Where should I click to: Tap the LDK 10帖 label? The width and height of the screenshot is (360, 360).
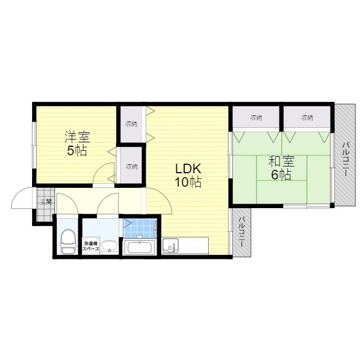point(187,175)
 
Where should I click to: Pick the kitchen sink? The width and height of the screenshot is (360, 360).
point(170,245)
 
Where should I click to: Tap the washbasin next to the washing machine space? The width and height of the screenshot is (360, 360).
point(110,246)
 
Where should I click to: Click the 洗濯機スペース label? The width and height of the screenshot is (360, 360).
point(91,245)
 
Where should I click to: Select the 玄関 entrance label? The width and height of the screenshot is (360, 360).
point(45,201)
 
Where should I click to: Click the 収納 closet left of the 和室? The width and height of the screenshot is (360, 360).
point(256,118)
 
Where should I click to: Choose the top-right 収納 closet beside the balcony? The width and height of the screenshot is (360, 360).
point(307,118)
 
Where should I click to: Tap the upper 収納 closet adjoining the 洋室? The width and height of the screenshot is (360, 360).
point(131,123)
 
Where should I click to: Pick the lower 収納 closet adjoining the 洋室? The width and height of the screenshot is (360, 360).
point(131,166)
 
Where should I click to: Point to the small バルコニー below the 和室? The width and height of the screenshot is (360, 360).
point(241,233)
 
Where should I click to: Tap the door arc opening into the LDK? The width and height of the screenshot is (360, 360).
point(159,202)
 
